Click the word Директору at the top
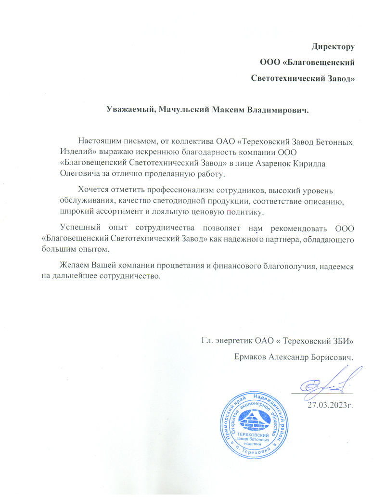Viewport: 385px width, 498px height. pos(333,47)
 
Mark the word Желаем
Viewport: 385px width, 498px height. pos(73,266)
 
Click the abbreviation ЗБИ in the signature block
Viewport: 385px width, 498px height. pos(343,341)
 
